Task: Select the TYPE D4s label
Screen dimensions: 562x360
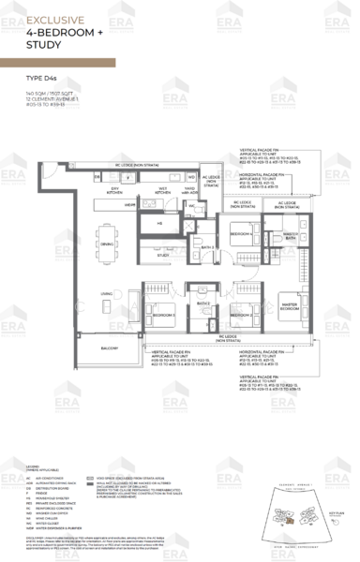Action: (x=42, y=91)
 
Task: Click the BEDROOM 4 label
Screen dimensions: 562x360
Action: (x=240, y=233)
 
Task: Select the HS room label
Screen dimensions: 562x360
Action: (x=158, y=224)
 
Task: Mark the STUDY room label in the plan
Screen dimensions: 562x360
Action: (x=162, y=254)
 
